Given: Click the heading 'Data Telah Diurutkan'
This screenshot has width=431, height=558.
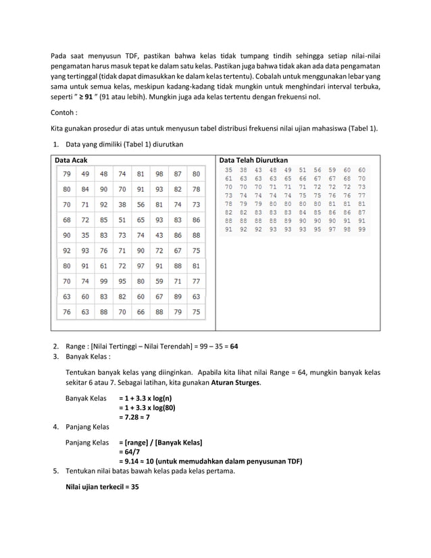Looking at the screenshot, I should point(253,159).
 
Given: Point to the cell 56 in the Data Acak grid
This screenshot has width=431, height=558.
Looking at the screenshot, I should point(141,204).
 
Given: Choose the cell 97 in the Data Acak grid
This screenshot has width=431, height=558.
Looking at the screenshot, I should point(141,265).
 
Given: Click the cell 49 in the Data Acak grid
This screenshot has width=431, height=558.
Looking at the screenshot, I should point(85,174).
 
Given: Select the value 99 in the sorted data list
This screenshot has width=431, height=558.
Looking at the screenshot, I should point(362,229).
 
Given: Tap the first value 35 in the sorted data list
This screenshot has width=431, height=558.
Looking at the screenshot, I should point(229,170).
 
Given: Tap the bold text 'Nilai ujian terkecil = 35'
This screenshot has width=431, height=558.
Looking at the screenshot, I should point(102,486).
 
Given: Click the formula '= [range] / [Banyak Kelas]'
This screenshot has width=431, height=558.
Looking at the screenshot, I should point(160,442).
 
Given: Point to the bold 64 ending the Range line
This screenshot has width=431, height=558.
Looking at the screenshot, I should point(234,346).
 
